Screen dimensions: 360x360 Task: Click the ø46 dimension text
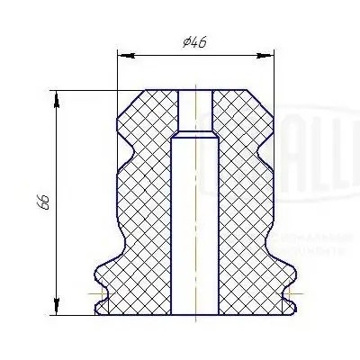pyautogui.click(x=193, y=42)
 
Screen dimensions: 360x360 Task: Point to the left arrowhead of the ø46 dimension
pyautogui.click(x=122, y=55)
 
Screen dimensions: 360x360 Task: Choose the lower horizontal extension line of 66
pyautogui.click(x=76, y=315)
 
